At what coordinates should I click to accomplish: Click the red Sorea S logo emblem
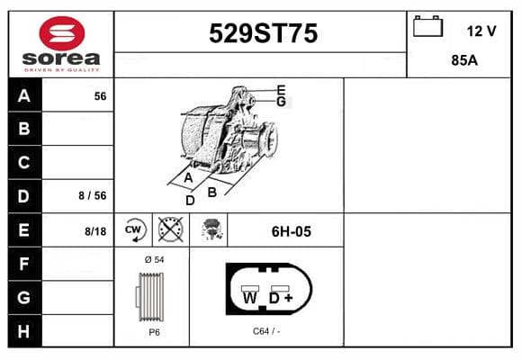point(62,33)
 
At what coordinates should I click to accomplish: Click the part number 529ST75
point(263,33)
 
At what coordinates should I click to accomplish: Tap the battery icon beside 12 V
point(427,26)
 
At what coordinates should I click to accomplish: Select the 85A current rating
point(464,60)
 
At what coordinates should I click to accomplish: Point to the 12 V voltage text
point(481,31)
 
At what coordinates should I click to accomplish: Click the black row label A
point(24,95)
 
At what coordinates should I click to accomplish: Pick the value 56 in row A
point(100,96)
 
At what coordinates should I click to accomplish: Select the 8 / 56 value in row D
point(93,196)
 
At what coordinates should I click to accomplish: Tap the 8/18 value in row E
point(95,231)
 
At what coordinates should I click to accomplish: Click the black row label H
point(23,331)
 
